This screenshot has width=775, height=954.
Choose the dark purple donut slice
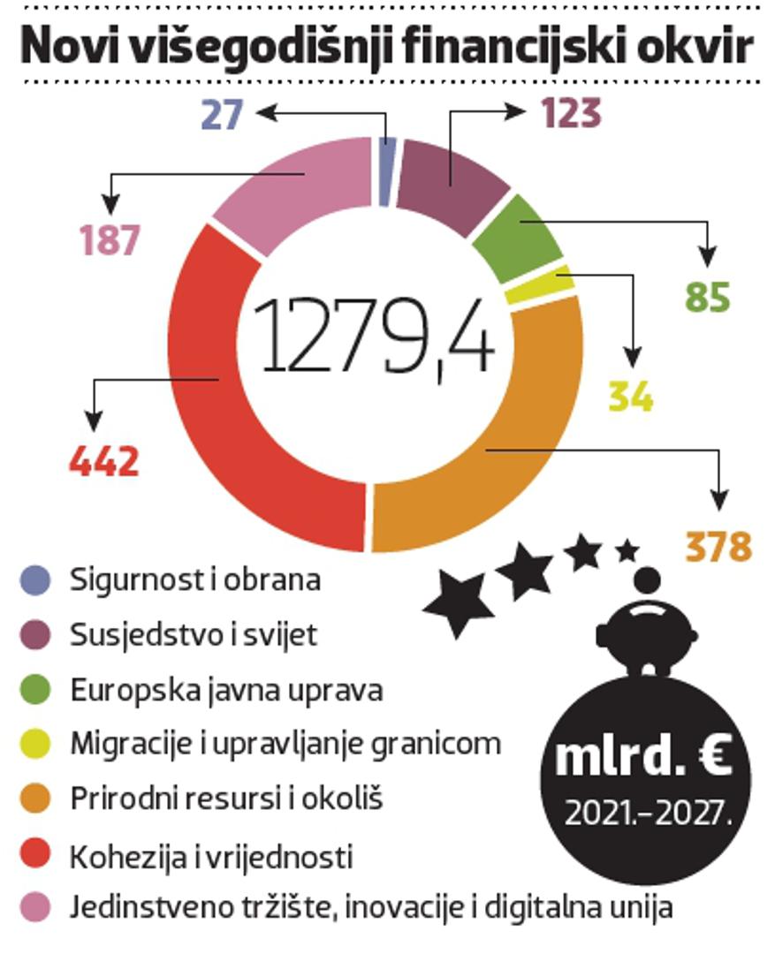click(451, 181)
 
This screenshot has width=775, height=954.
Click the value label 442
click(104, 461)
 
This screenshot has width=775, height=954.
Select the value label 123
click(571, 114)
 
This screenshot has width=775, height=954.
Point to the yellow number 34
click(631, 397)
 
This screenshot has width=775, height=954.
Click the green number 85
click(707, 298)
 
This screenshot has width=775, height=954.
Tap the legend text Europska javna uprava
click(226, 690)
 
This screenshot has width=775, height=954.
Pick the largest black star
click(458, 603)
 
